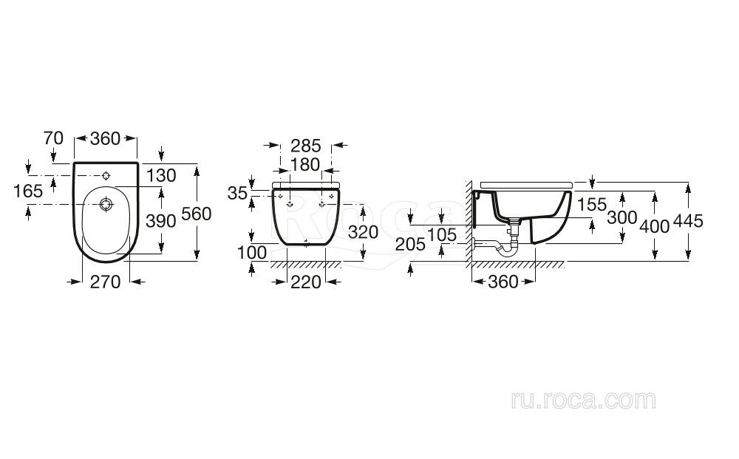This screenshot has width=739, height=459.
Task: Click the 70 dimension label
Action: pyautogui.click(x=53, y=138)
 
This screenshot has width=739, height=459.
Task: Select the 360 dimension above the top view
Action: pyautogui.click(x=106, y=138)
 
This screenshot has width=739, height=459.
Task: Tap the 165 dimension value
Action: pyautogui.click(x=28, y=191)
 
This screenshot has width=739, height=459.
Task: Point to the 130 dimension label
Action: pyautogui.click(x=161, y=175)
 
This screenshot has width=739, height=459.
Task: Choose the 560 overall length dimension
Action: pyautogui.click(x=196, y=214)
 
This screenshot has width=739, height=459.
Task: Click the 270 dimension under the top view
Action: pyautogui.click(x=106, y=282)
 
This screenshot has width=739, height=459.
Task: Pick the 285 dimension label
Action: pyautogui.click(x=306, y=146)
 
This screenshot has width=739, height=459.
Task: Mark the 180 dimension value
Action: pyautogui.click(x=305, y=165)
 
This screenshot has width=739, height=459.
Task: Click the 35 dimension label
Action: pyautogui.click(x=237, y=193)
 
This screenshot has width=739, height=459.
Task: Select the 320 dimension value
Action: pyautogui.click(x=364, y=232)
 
